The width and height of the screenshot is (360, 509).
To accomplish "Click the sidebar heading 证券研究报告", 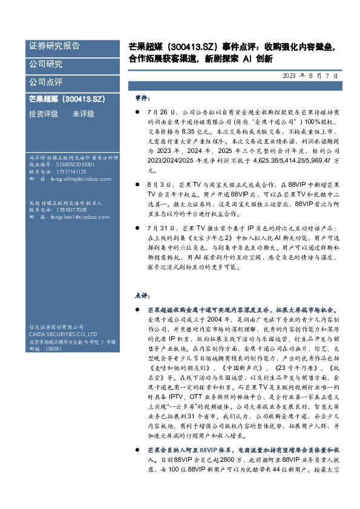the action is pyautogui.click(x=54, y=46).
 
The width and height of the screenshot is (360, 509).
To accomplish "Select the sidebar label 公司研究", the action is pyautogui.click(x=45, y=63).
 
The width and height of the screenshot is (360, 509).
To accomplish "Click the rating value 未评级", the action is pyautogui.click(x=83, y=114).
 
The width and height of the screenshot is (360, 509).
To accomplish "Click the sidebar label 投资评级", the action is pyautogui.click(x=44, y=114).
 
